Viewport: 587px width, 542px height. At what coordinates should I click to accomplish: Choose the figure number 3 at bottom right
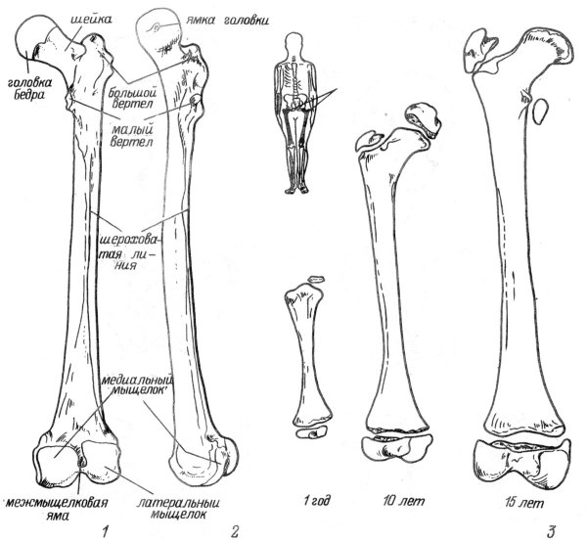[554, 529]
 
